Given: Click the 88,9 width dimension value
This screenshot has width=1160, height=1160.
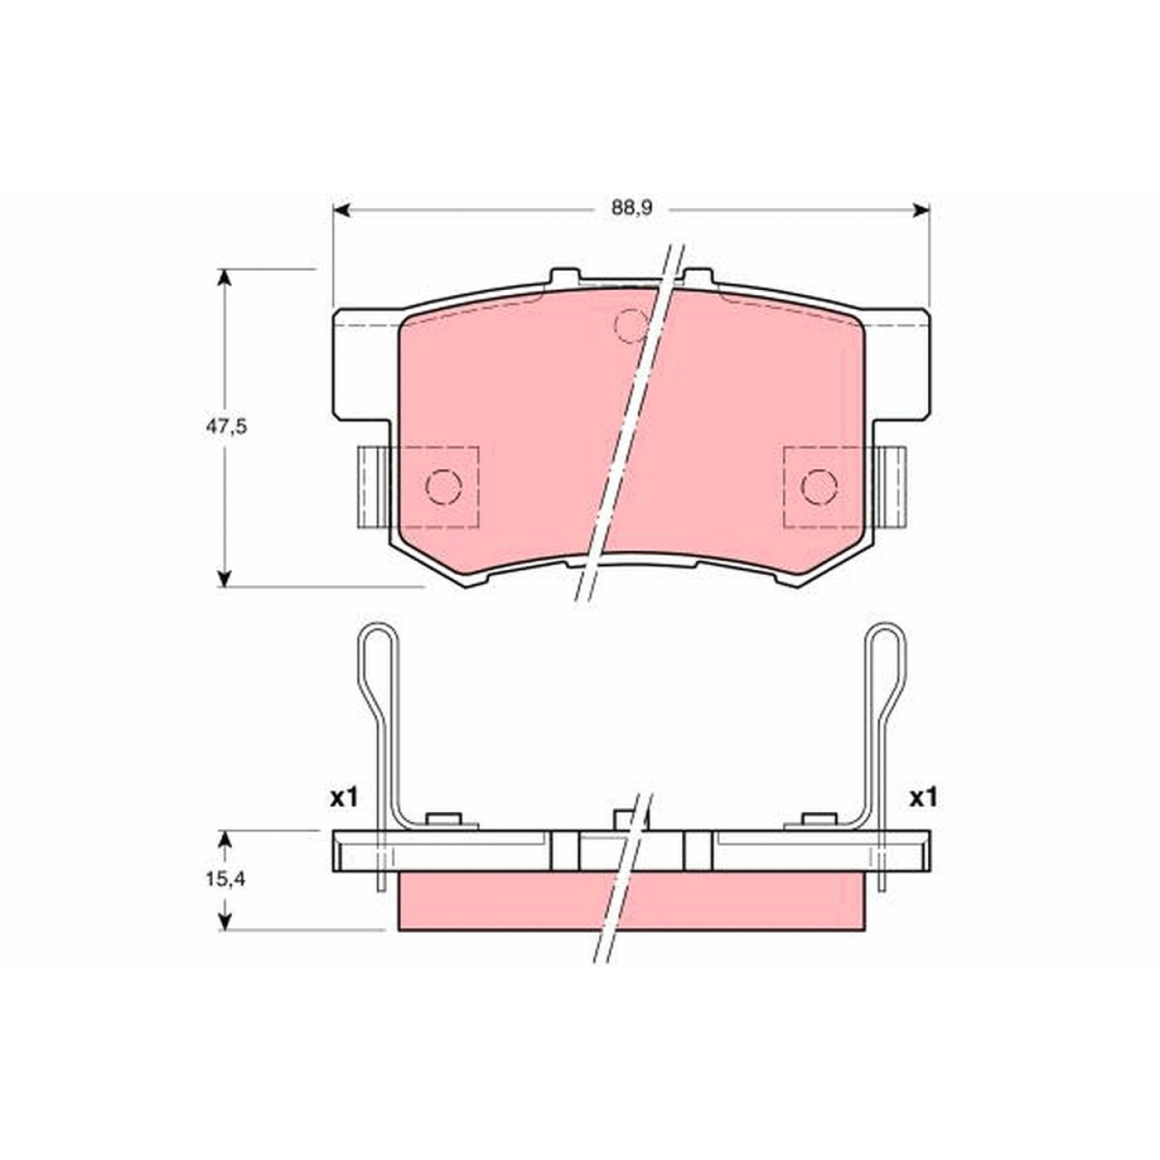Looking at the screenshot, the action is coord(632,209).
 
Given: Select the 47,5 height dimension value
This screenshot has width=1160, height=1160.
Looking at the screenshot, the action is coord(226,427).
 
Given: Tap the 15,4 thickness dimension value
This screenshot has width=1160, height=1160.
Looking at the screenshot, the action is coord(226,880).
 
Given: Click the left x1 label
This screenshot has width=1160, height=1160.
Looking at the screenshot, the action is coord(344,798).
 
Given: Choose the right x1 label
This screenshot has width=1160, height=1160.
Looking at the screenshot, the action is coord(922,798).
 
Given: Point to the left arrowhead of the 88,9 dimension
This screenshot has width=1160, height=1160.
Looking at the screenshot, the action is coord(341,209).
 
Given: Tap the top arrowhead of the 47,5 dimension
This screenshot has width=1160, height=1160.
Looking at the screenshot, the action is coord(224,278).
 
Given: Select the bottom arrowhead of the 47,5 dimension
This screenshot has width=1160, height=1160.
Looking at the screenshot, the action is coord(224,577).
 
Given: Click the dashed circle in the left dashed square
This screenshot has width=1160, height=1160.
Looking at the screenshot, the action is coord(444,486).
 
